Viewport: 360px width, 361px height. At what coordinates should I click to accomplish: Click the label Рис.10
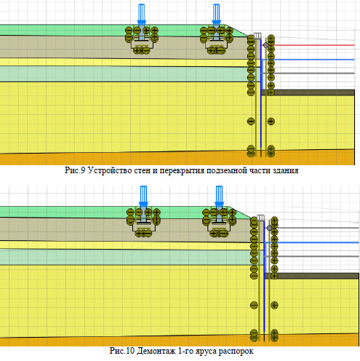tap(122, 351)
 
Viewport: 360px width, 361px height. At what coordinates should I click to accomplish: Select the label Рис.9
tap(75, 170)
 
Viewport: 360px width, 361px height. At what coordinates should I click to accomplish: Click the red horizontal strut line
tap(314, 45)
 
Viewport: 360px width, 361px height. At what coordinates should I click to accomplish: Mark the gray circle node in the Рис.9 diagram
tap(266, 45)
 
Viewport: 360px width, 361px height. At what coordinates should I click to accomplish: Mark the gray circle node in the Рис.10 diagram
tap(269, 228)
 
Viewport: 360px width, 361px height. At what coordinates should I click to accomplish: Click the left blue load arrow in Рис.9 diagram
tap(142, 15)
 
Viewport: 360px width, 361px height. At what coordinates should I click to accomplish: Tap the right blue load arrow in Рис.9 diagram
tap(216, 15)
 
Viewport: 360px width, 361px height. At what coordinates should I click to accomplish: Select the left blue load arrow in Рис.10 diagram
tap(143, 197)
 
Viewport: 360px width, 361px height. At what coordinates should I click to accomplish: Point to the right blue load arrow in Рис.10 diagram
tap(219, 197)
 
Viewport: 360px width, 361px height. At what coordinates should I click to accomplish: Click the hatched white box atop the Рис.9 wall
tap(257, 36)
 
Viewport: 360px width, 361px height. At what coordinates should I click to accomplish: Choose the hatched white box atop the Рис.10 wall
tap(261, 218)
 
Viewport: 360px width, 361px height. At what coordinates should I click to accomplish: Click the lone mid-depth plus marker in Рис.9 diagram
tap(271, 121)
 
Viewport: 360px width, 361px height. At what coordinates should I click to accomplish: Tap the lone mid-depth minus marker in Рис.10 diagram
tap(254, 305)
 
